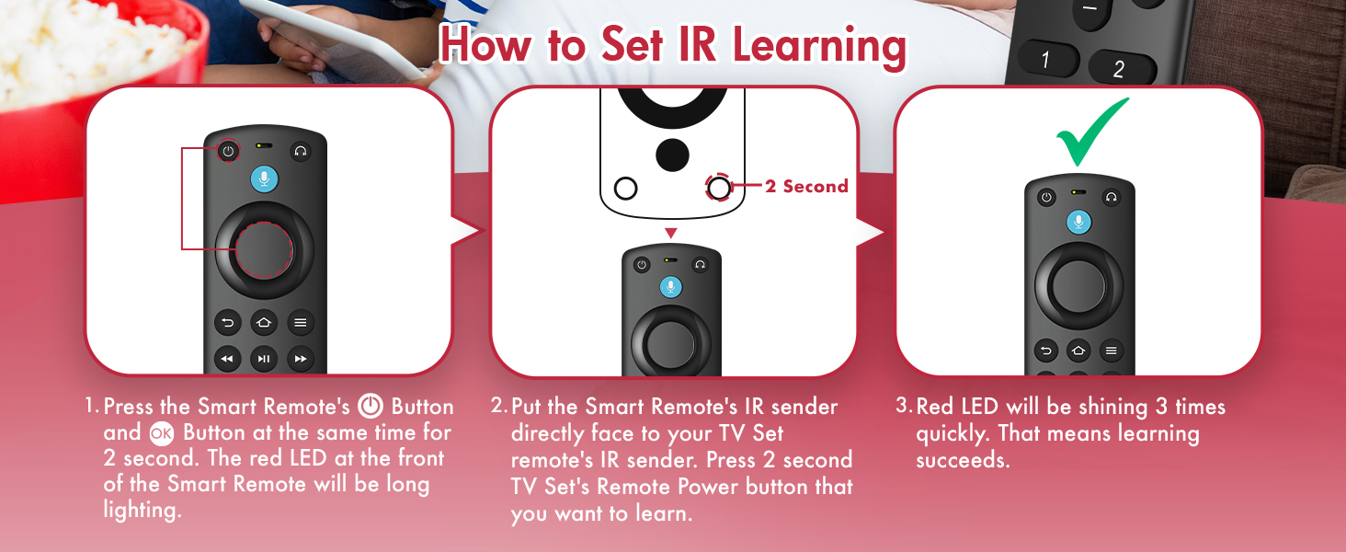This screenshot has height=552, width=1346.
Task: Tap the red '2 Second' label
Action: click(x=806, y=187)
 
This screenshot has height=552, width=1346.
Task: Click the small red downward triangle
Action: click(x=671, y=233)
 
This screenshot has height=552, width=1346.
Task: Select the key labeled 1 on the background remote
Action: click(x=1045, y=61)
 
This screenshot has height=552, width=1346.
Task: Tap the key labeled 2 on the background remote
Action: click(x=1118, y=68)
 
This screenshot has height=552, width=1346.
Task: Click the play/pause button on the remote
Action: click(x=264, y=359)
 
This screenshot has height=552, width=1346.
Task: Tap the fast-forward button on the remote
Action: click(x=300, y=359)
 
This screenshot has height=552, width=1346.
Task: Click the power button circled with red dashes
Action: click(x=228, y=151)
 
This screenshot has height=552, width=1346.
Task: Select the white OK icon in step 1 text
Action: click(x=161, y=433)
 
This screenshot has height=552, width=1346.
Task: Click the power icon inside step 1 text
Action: click(x=370, y=407)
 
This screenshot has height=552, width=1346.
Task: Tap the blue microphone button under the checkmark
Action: click(x=1079, y=222)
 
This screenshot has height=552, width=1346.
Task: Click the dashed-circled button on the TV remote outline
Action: click(x=719, y=189)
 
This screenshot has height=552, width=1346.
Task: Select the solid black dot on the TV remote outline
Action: click(x=673, y=154)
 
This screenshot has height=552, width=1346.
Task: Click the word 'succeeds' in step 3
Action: click(x=963, y=460)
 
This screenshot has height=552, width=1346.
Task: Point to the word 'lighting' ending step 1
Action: click(x=142, y=512)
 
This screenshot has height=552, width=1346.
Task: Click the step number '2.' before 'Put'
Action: click(x=498, y=407)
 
